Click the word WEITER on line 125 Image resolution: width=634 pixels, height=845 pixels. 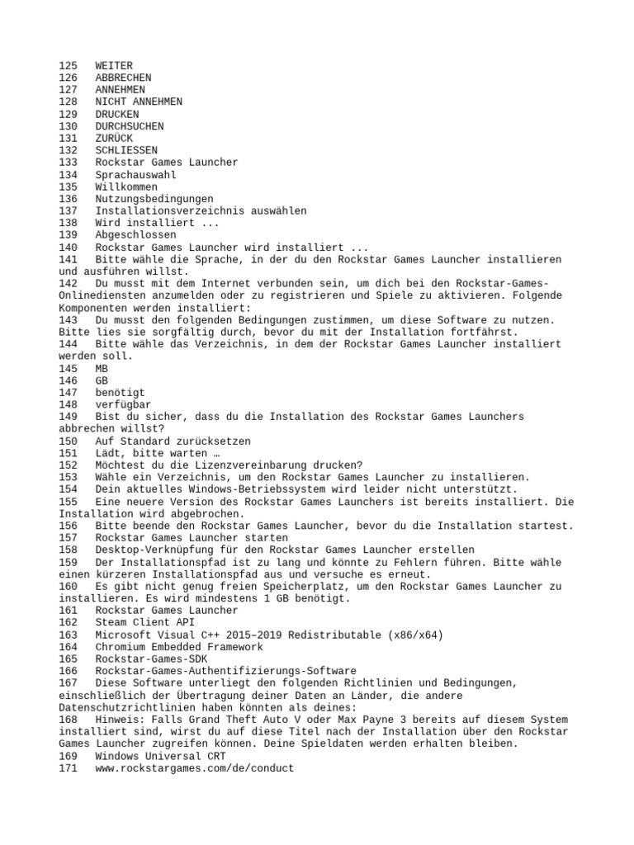click(114, 65)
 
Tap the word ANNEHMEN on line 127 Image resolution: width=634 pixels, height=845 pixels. click(120, 89)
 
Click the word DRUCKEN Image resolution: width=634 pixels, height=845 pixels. click(117, 114)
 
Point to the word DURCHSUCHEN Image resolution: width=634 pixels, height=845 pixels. click(129, 126)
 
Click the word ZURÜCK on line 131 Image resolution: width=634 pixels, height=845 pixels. click(114, 138)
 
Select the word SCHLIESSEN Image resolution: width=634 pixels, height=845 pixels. click(126, 150)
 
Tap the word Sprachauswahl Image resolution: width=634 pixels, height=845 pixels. click(135, 175)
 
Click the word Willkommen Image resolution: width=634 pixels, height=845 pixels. click(126, 186)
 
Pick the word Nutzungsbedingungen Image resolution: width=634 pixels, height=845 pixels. click(154, 199)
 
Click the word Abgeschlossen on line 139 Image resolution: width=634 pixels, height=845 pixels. click(135, 235)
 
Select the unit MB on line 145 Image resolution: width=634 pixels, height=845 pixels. click(102, 369)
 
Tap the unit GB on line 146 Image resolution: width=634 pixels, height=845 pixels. click(102, 380)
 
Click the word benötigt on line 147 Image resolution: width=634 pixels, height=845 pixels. click(120, 393)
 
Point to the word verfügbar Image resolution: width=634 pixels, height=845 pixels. click(123, 405)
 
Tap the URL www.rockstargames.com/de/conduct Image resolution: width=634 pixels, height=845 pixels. click(194, 768)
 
